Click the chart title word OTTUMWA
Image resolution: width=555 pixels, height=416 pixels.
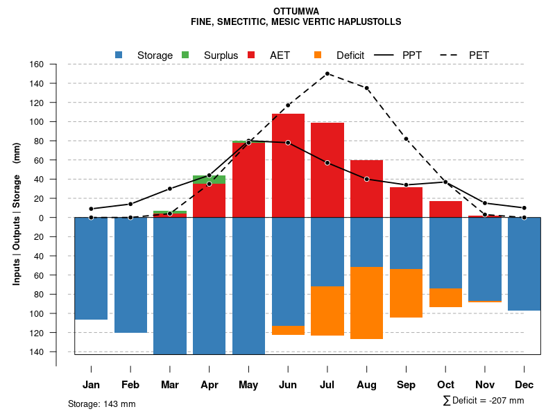coord(296,12)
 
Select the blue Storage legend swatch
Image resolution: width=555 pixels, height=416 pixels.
coord(119,55)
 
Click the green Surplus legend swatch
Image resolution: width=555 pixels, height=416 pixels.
coord(185,55)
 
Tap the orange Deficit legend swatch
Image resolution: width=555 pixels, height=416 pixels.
coord(318,55)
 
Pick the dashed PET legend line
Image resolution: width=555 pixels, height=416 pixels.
coord(452,55)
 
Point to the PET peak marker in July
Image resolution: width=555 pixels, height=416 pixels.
coord(327,73)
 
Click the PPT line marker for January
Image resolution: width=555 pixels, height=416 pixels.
coord(91,209)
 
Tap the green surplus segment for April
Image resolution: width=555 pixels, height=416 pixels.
coord(209,180)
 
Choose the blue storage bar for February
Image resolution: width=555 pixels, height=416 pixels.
coord(130,275)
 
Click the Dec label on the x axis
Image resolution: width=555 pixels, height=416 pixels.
coord(524,385)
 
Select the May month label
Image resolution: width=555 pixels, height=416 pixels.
coord(248,385)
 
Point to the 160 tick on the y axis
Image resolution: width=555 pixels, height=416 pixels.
coord(37,64)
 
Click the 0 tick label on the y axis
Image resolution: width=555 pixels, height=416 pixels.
coord(41,218)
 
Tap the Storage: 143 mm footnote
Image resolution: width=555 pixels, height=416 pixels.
coord(101,404)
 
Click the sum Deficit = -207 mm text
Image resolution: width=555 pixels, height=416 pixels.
coord(483,401)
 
